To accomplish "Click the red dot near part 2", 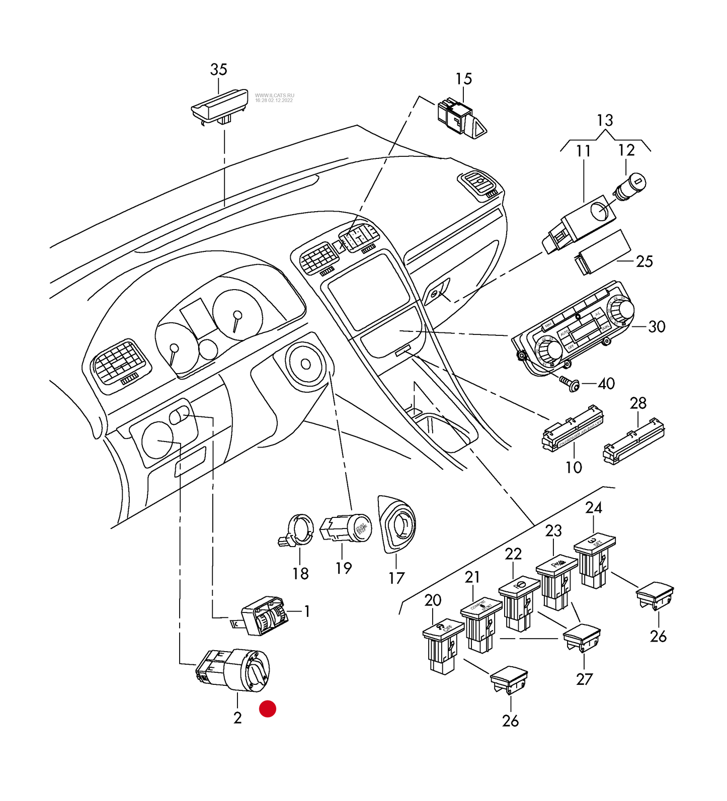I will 267,708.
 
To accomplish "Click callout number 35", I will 218,69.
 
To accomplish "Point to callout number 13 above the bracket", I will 605,121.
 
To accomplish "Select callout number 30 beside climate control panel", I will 657,327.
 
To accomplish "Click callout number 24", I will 594,507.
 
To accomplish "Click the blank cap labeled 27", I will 581,638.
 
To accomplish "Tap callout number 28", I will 638,403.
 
